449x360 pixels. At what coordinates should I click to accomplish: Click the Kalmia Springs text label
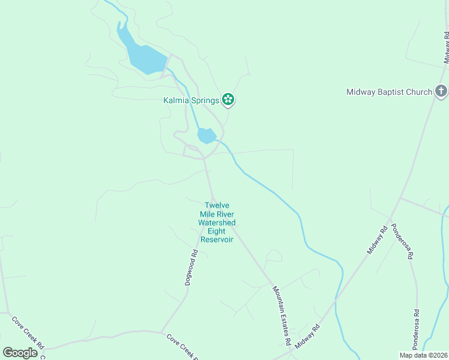[191, 100]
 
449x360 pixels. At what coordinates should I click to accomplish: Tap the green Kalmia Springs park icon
[228, 100]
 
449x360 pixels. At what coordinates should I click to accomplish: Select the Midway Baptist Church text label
[389, 92]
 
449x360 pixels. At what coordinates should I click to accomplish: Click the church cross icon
[441, 91]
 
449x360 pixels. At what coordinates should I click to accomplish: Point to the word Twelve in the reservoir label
[217, 205]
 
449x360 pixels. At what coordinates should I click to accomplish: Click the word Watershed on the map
[217, 223]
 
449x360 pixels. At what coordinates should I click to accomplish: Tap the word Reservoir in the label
[217, 239]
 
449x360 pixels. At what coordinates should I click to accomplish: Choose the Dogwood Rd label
[191, 267]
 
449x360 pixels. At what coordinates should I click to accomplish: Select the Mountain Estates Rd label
[281, 315]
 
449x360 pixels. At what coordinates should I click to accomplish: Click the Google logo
[20, 353]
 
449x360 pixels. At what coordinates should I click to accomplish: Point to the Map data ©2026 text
[423, 355]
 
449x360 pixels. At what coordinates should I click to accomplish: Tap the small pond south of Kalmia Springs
[206, 136]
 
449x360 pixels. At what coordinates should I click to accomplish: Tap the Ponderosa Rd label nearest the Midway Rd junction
[402, 241]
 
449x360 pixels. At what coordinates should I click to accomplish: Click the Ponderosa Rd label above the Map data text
[415, 329]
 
